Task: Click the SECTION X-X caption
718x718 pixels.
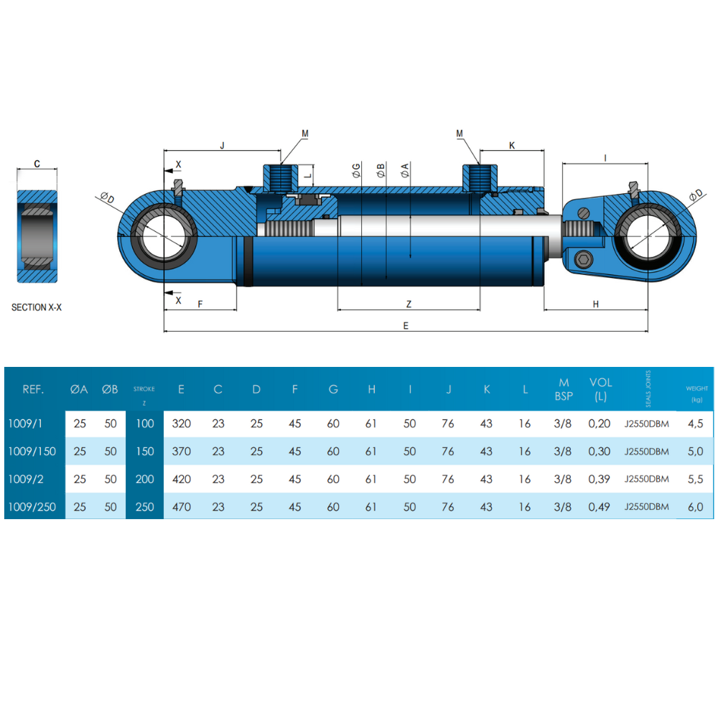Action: click(37, 307)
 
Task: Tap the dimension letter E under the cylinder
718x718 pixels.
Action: click(406, 325)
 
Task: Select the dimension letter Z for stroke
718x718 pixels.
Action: click(409, 304)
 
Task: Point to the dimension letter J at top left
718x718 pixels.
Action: click(222, 146)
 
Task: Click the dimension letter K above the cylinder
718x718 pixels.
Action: click(512, 146)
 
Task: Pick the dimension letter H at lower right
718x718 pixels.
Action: click(595, 304)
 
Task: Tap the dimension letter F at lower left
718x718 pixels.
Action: click(200, 304)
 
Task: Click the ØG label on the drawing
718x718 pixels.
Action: click(356, 170)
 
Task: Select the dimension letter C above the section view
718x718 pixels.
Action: click(37, 164)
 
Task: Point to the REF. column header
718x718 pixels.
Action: click(34, 389)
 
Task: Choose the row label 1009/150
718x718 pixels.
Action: click(32, 452)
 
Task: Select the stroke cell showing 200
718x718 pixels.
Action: click(145, 479)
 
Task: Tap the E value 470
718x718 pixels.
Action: click(182, 507)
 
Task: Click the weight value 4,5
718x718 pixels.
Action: click(695, 424)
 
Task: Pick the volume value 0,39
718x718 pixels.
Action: click(600, 479)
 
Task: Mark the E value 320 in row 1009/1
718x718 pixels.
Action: click(182, 424)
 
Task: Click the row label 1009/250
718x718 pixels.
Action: click(32, 507)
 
